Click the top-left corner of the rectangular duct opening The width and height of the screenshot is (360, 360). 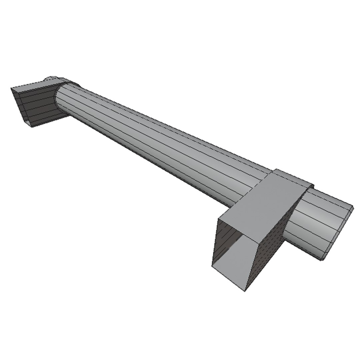tap(219, 218)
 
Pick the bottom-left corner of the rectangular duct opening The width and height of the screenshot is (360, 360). tap(212, 267)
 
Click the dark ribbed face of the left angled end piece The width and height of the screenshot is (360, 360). tap(37, 103)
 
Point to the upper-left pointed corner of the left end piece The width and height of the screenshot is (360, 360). tap(11, 89)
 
